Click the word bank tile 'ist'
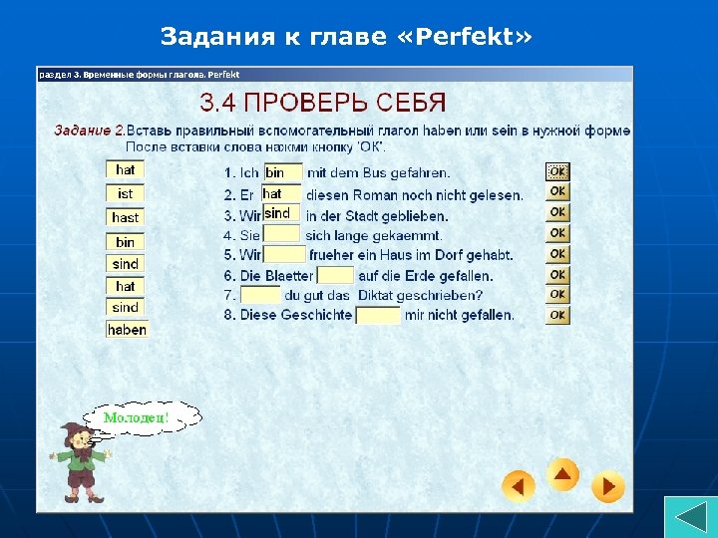click(x=125, y=193)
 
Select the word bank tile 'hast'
click(x=125, y=217)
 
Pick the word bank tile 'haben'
click(x=127, y=330)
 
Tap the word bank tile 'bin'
click(x=125, y=241)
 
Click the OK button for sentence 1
click(x=557, y=171)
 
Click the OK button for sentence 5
click(x=557, y=253)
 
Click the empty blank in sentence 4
click(x=281, y=234)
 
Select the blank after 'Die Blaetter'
click(x=335, y=275)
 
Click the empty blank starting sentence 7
click(x=260, y=295)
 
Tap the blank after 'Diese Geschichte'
click(x=378, y=315)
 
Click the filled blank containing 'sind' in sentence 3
click(x=280, y=213)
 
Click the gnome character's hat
click(x=71, y=431)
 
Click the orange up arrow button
click(x=562, y=474)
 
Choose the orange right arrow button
click(x=607, y=486)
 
